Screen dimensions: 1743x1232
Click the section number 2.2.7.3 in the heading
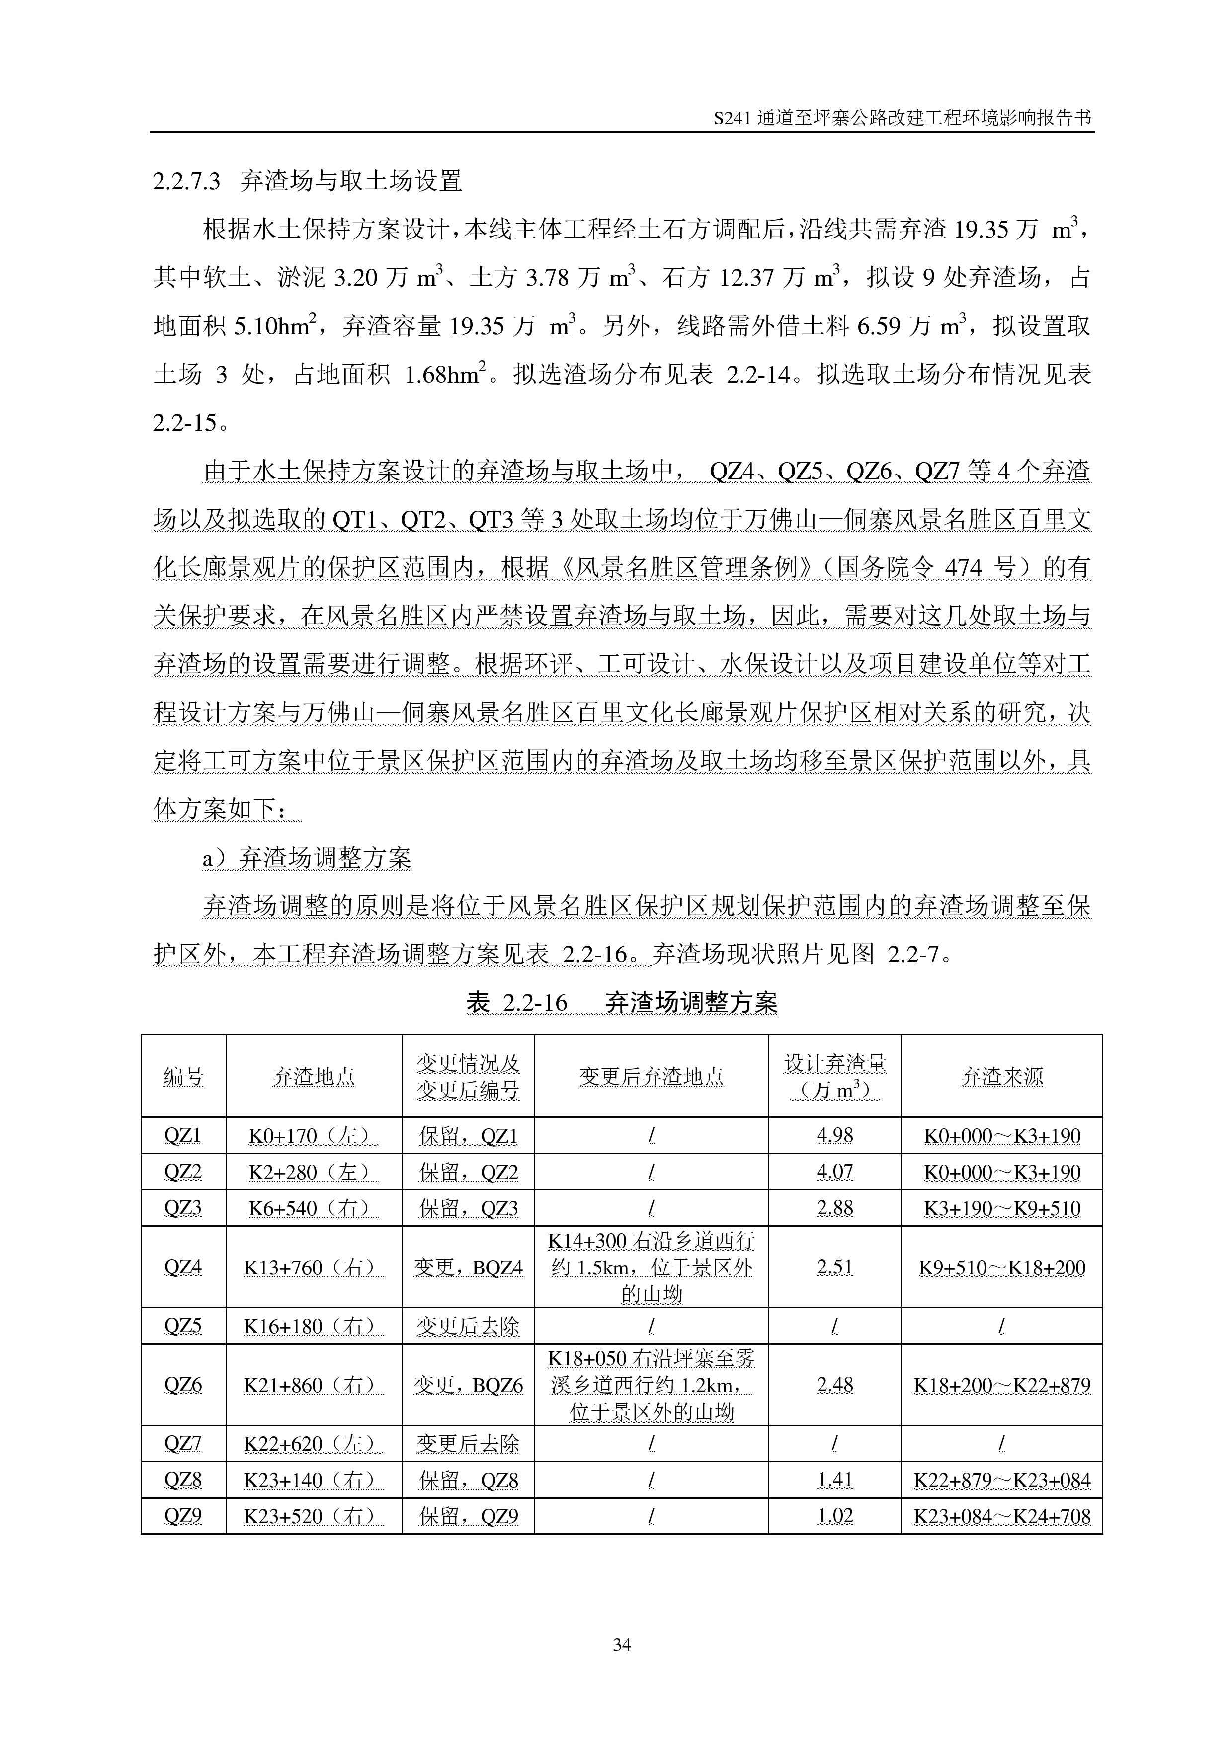(186, 181)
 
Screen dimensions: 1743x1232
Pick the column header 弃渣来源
(1001, 1076)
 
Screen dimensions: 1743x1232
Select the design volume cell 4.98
(834, 1136)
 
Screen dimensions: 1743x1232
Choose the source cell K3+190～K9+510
(1001, 1208)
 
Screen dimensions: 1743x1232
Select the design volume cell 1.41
(834, 1480)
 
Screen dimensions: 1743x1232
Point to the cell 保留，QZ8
(468, 1480)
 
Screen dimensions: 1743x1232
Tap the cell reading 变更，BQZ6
(468, 1385)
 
